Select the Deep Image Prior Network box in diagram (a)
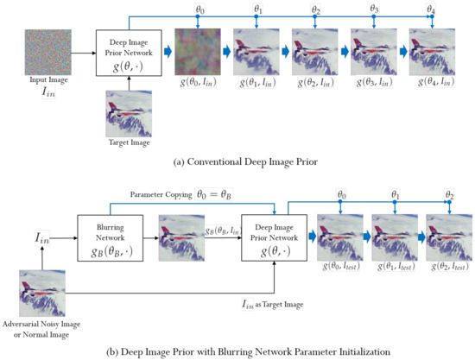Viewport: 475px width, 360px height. point(127,53)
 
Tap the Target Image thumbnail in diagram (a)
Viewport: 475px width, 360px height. point(127,112)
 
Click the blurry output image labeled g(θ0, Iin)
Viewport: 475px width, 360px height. point(196,52)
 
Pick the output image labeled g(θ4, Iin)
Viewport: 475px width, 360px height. point(430,52)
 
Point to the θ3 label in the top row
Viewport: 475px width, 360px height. point(373,9)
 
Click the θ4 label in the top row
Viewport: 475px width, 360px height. point(430,9)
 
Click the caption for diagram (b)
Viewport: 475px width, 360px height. point(238,351)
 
